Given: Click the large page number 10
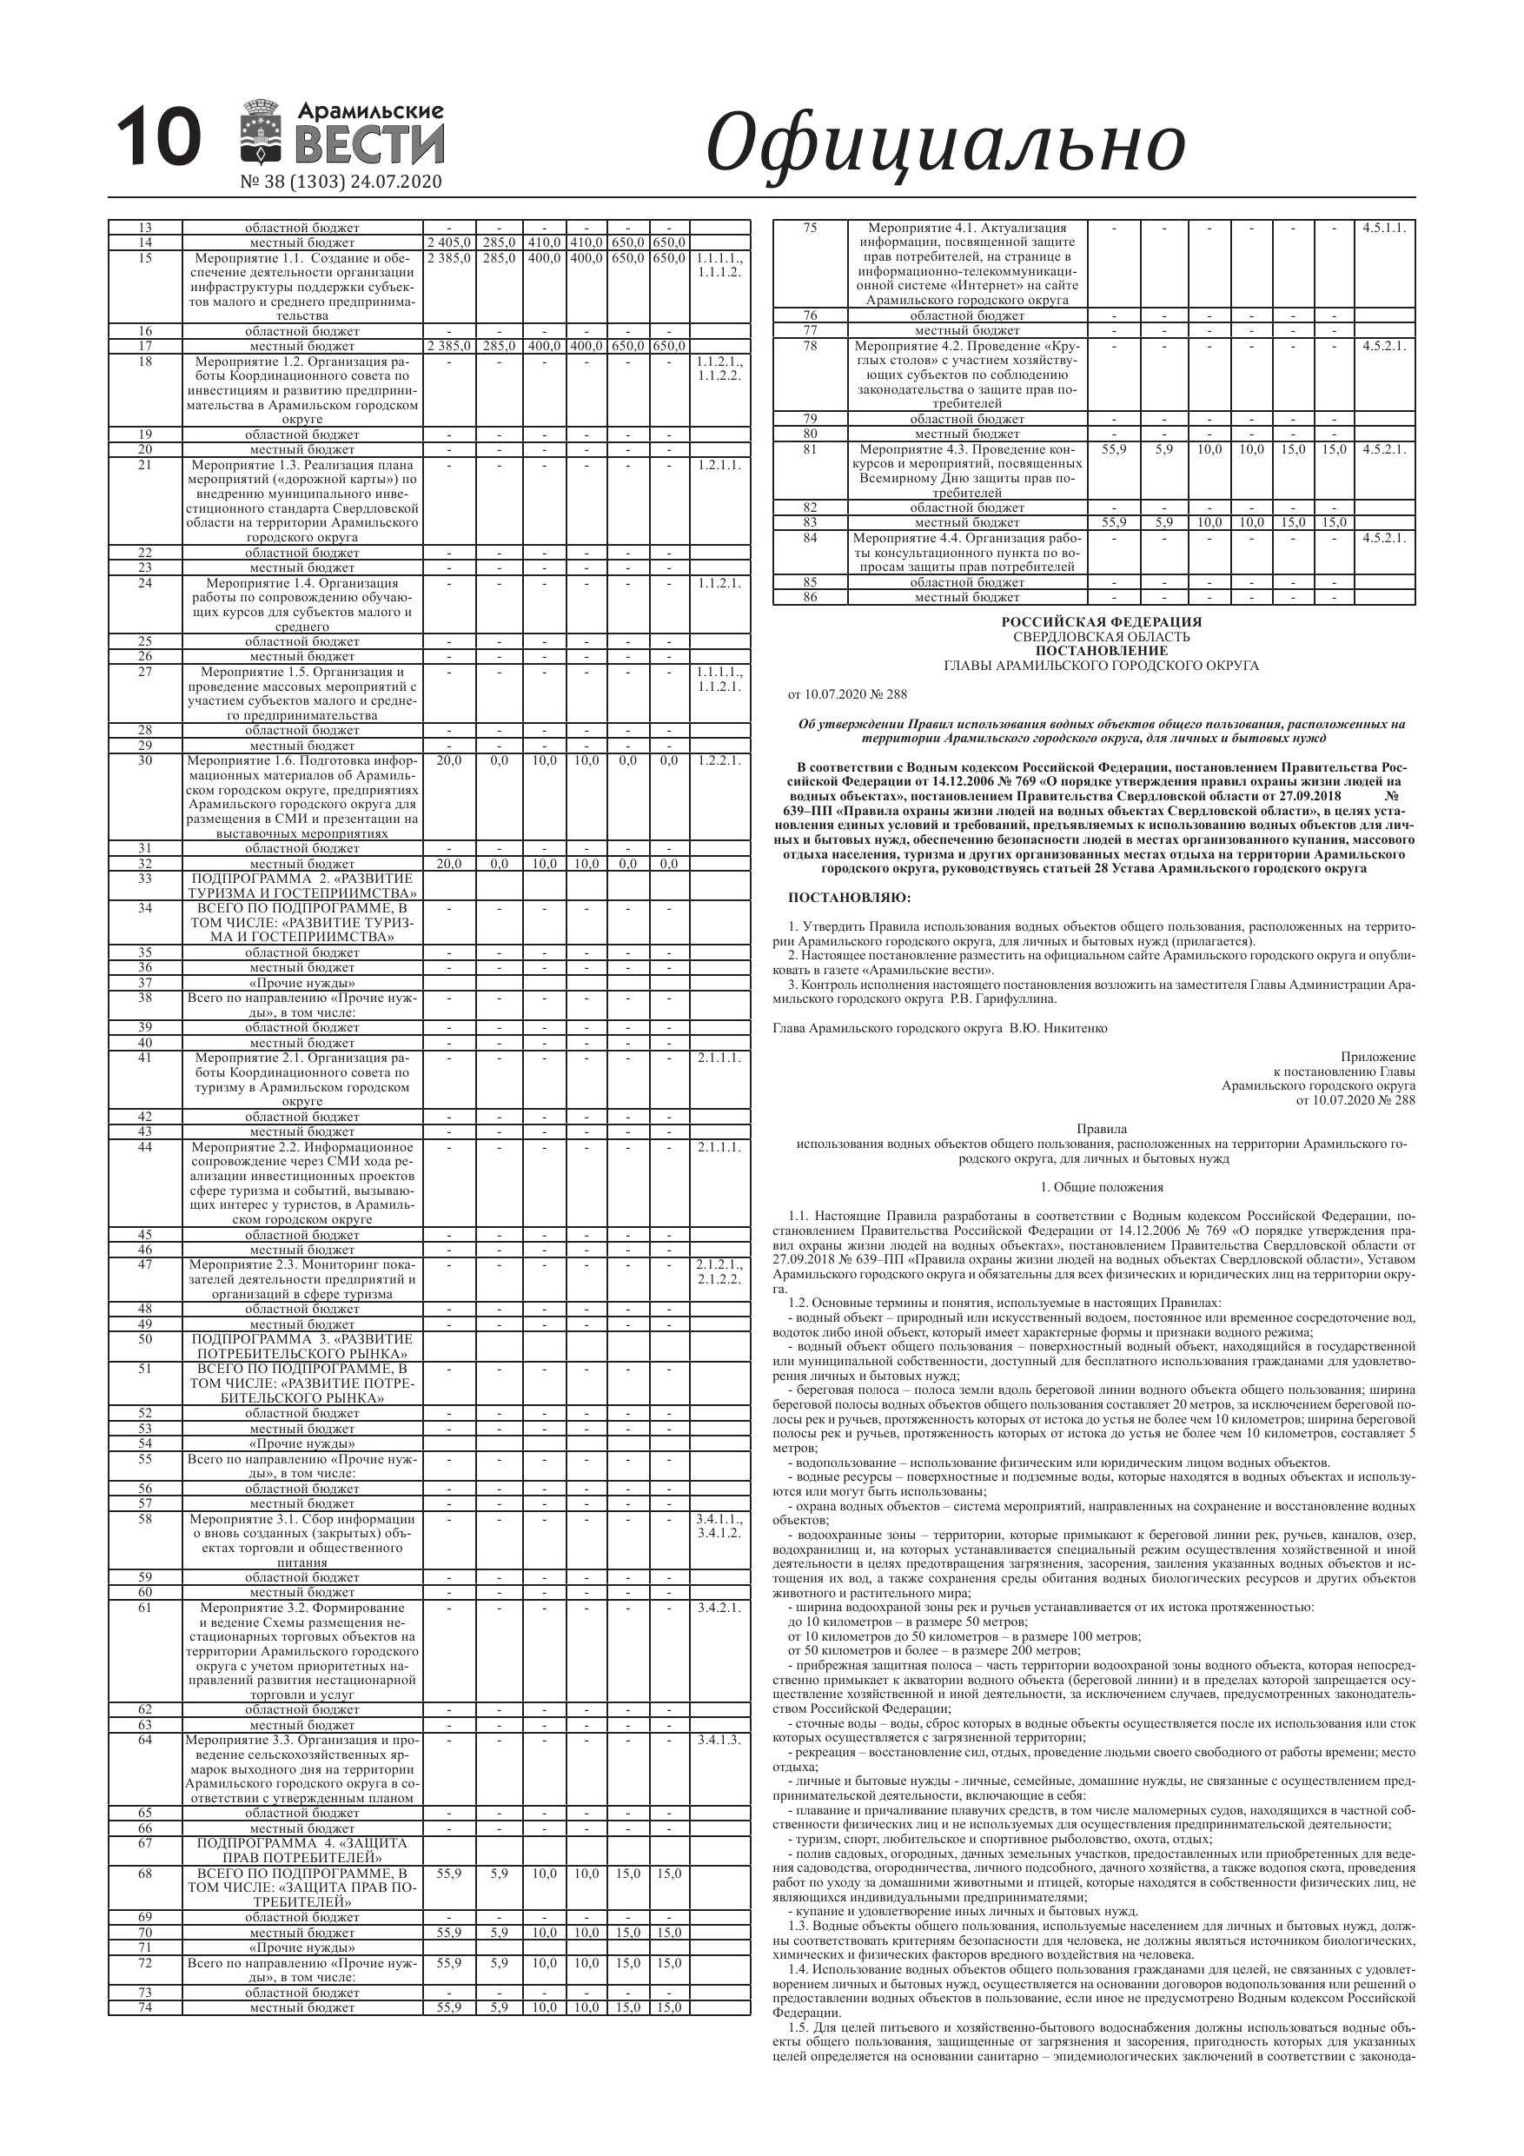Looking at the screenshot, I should point(159,138).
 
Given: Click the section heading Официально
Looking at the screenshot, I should point(944,143).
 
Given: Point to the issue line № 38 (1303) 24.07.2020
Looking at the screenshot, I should point(341,182).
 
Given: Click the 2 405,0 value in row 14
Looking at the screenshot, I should point(449,243).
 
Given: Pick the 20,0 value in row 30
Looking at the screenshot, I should point(449,760).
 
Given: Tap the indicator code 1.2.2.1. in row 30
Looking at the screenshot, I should point(719,760).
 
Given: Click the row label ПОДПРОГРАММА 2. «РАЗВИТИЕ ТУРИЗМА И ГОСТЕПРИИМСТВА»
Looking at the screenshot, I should point(302,886).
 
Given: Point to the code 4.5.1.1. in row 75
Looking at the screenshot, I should point(1384,229).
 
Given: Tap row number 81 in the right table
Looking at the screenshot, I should point(810,450).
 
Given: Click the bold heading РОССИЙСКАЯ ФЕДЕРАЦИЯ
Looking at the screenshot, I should point(1101,621).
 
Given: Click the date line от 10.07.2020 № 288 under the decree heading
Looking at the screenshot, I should point(847,695).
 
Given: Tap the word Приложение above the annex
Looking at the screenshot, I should point(1377,1058).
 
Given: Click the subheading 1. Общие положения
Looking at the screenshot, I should point(1102,1187).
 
